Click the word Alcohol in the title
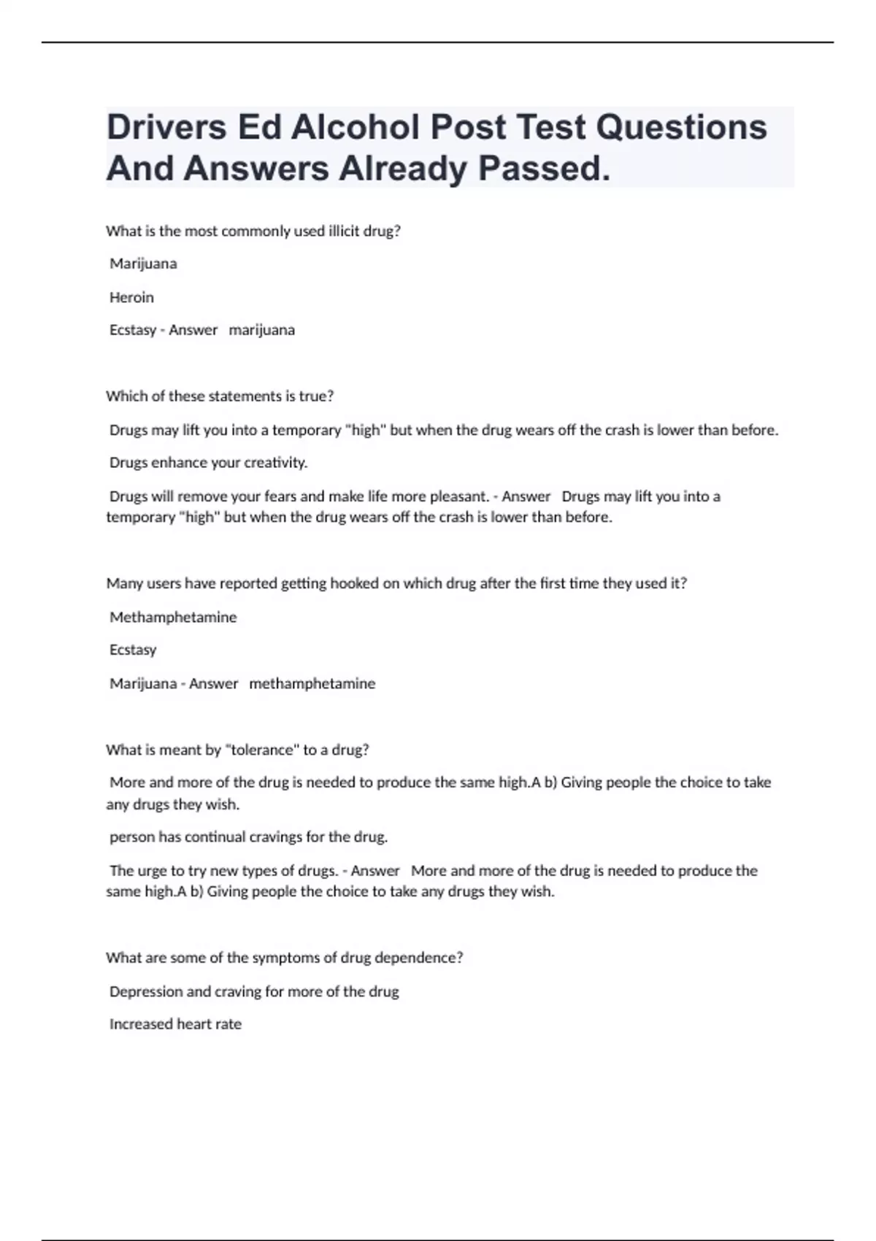[x=355, y=128]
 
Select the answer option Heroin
[x=131, y=297]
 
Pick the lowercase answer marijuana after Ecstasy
[x=262, y=330]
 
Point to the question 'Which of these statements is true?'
[x=220, y=396]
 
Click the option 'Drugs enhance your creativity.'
[x=209, y=463]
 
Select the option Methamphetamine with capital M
[x=173, y=618]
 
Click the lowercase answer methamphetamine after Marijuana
[x=312, y=684]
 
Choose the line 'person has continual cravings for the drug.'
[x=248, y=837]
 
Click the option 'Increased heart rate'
[x=175, y=1024]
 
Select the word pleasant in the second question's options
[x=458, y=496]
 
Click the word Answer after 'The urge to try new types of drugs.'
[x=375, y=871]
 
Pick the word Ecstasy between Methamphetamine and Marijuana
[x=133, y=650]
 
